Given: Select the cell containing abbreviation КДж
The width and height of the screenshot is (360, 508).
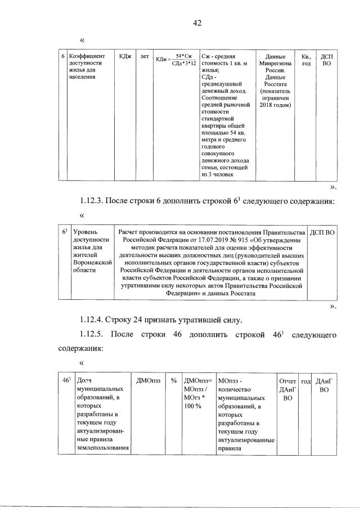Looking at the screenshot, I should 125,57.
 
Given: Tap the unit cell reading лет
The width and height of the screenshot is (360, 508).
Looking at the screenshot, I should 145,57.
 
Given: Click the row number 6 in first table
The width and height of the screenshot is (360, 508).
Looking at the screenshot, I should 62,57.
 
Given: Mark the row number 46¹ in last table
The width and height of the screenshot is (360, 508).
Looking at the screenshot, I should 65,381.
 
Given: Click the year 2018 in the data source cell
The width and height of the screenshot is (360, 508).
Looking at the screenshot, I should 269,105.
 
